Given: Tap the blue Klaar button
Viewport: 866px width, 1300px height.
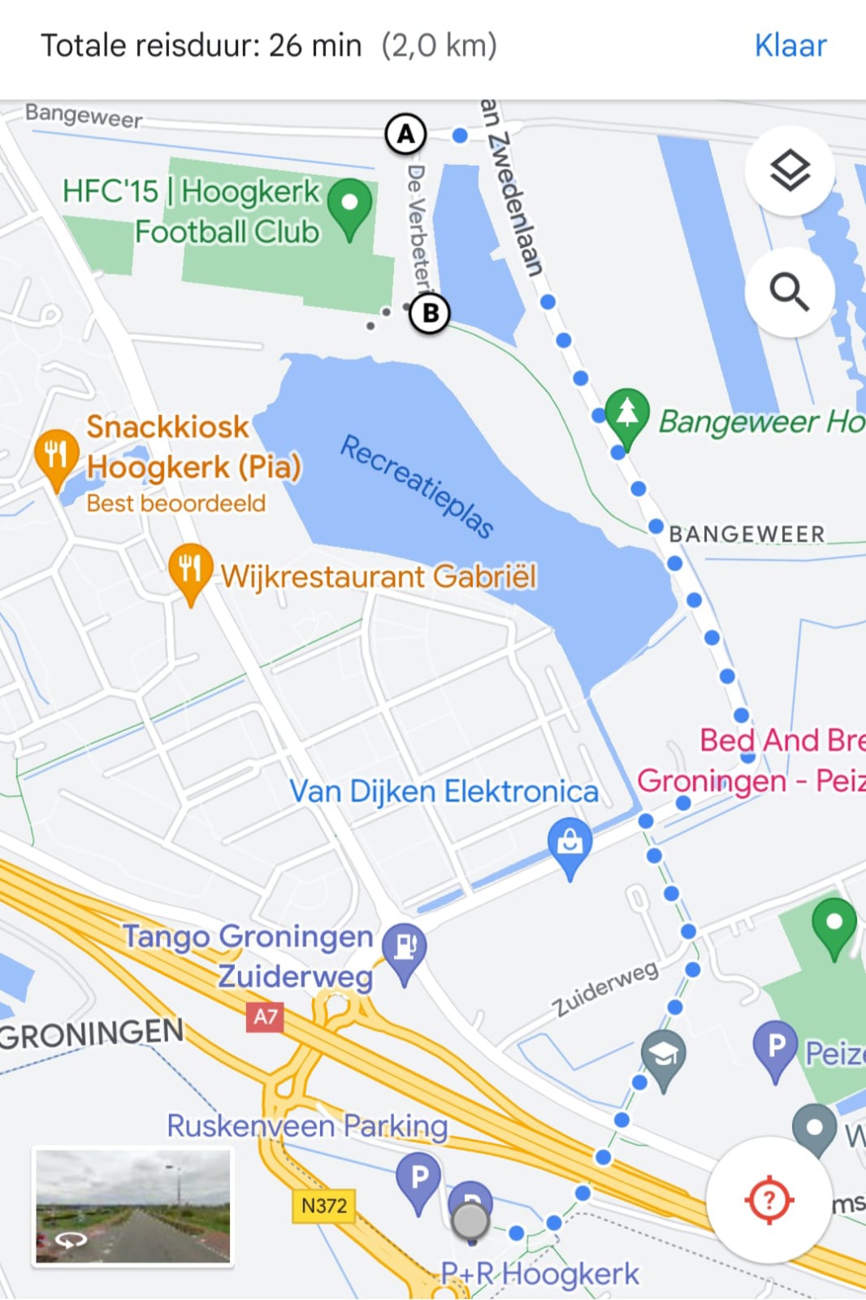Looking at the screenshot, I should [790, 45].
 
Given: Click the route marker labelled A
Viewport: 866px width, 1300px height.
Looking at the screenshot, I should [405, 134].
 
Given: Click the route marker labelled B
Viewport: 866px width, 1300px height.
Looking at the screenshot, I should [430, 313].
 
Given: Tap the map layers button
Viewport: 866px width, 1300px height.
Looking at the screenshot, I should [790, 171].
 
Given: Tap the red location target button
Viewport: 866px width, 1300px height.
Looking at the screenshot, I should [769, 1199].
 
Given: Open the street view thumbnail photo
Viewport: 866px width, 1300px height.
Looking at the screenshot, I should [132, 1207].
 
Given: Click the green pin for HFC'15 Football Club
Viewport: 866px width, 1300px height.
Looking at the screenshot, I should [350, 205].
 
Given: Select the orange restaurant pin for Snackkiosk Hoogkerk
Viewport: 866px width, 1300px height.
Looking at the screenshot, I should [56, 456].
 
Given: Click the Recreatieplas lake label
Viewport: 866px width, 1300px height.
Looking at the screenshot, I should [416, 486].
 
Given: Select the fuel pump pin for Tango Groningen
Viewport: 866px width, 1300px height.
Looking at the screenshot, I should [404, 948].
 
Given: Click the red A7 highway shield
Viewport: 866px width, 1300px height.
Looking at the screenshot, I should [265, 1016].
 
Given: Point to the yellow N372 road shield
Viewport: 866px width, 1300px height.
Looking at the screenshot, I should [323, 1206].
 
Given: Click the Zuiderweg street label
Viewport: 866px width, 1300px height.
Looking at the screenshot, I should [605, 989].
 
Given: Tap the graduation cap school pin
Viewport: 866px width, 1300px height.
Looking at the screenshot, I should [664, 1056].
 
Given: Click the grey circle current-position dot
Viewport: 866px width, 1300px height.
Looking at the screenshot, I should [470, 1220].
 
